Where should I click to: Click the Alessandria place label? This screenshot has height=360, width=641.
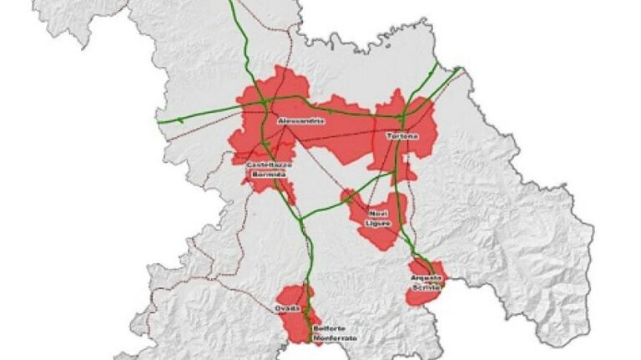(x=296, y=120)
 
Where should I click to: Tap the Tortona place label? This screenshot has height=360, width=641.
(x=401, y=135)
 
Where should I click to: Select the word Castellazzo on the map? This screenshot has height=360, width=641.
(x=269, y=165)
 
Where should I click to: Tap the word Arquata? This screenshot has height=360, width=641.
(x=425, y=277)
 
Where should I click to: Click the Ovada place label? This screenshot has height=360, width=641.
(x=288, y=309)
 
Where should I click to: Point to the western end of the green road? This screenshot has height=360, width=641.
(x=159, y=123)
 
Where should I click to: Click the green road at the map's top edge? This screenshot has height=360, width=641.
(x=231, y=3)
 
